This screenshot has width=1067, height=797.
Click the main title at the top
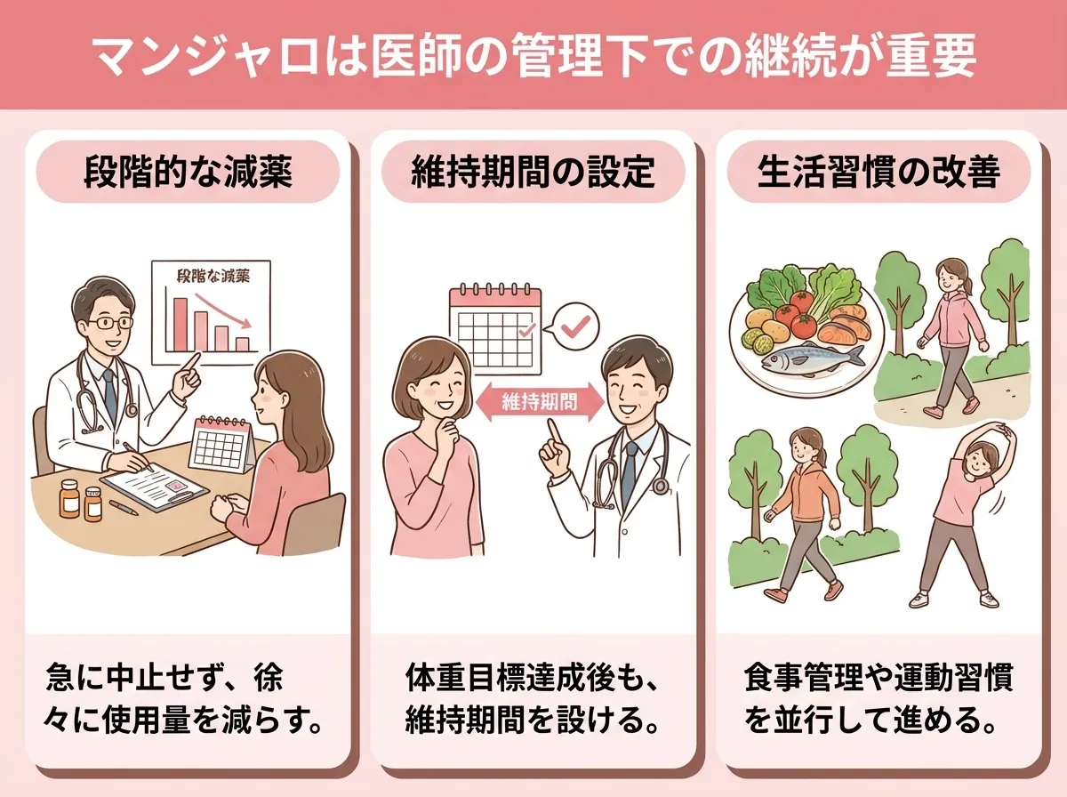point(533,55)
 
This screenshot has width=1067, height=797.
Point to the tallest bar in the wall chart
point(181,325)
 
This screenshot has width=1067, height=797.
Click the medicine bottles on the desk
point(80,500)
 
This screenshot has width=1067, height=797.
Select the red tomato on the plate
point(790,315)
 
